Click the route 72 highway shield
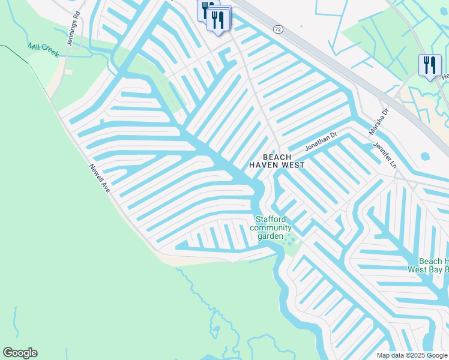tap(277, 29)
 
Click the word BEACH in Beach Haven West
tap(277, 157)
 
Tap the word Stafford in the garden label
tap(271, 220)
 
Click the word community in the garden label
tap(271, 227)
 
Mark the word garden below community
tap(270, 236)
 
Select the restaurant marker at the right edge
tap(429, 65)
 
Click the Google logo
tap(20, 353)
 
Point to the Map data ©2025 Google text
tap(412, 355)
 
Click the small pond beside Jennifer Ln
tap(426, 156)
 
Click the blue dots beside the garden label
tap(290, 240)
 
